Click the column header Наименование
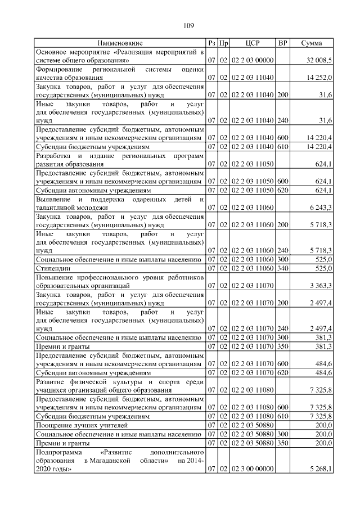(120, 43)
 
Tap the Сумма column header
(311, 43)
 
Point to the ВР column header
(283, 43)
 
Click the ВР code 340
(283, 268)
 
